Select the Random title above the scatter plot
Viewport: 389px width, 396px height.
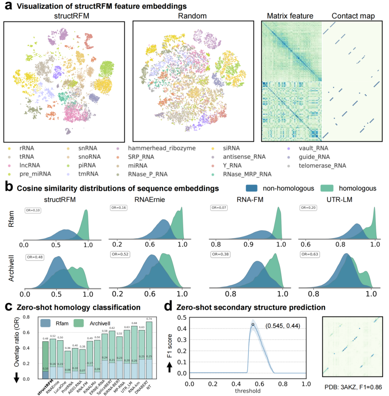[x=195, y=16]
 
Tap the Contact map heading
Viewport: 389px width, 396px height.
[x=354, y=16]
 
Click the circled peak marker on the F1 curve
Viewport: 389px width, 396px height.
[x=253, y=324]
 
